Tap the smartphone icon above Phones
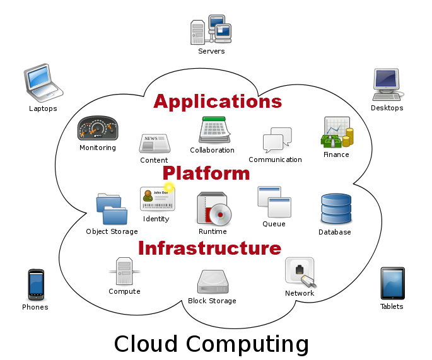click(x=36, y=285)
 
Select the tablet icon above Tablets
click(x=393, y=283)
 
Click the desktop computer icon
click(x=388, y=84)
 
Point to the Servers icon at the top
click(x=211, y=30)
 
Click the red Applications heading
click(x=218, y=102)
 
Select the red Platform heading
click(x=206, y=173)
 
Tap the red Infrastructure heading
click(x=209, y=248)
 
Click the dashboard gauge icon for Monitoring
click(x=98, y=128)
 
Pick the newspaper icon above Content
click(x=155, y=143)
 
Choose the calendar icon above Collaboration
click(x=214, y=130)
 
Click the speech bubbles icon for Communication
click(x=277, y=139)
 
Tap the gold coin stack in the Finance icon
click(x=348, y=137)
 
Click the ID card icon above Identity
click(x=157, y=199)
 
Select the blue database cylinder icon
click(x=336, y=209)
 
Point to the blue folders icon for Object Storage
click(x=112, y=209)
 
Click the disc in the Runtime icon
click(x=220, y=214)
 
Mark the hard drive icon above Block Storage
click(x=213, y=282)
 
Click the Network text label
click(x=300, y=293)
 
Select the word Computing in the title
click(x=247, y=344)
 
